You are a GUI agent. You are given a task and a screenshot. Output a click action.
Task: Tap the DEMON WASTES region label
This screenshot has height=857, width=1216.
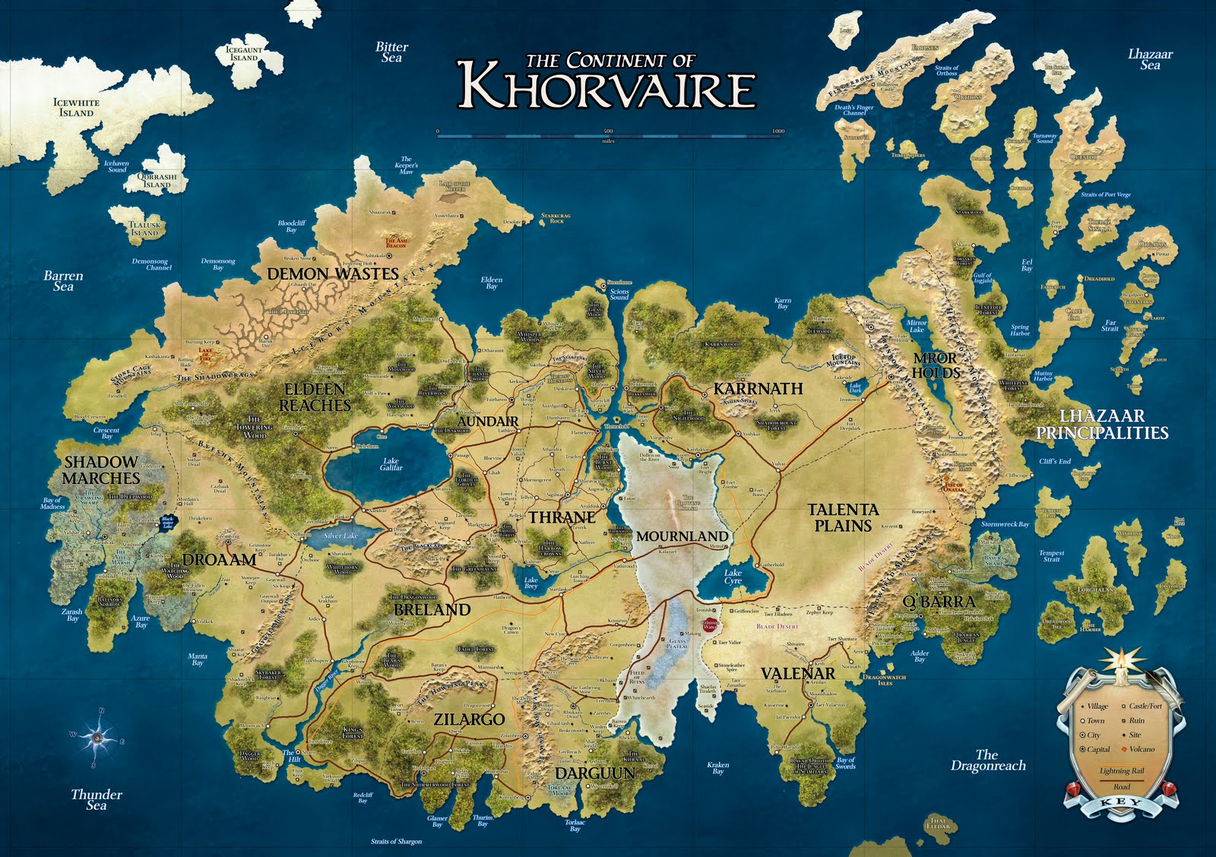[x=333, y=274]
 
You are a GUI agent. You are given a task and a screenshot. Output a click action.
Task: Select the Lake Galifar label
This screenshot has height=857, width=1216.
[x=391, y=464]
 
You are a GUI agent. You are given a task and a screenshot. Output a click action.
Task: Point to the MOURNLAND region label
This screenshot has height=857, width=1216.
[x=682, y=536]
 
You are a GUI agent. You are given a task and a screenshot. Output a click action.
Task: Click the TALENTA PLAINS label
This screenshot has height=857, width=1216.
[x=843, y=517]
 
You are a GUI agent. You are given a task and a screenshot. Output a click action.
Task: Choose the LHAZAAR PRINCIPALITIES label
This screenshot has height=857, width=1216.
[x=1102, y=425]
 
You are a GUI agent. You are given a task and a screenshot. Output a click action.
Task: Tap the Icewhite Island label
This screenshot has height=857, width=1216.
[x=76, y=108]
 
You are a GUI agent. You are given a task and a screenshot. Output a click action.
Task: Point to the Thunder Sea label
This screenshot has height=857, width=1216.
[x=97, y=799]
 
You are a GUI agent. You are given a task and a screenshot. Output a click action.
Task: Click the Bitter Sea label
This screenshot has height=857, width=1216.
[x=392, y=52]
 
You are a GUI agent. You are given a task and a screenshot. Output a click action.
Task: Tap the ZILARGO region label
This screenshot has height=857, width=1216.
[x=469, y=719]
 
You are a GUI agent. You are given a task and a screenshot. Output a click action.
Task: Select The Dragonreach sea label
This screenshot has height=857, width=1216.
[x=987, y=760]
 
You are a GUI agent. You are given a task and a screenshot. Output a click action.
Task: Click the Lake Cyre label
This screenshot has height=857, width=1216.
[x=733, y=577]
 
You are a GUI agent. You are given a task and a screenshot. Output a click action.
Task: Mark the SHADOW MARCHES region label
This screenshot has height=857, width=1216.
[x=101, y=470]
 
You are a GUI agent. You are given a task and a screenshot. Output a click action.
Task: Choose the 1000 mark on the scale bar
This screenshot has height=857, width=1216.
[x=777, y=131]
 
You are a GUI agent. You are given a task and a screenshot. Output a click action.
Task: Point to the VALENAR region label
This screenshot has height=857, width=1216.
[x=798, y=674]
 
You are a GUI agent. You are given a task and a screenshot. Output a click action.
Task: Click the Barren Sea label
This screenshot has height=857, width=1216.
[x=63, y=281]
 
